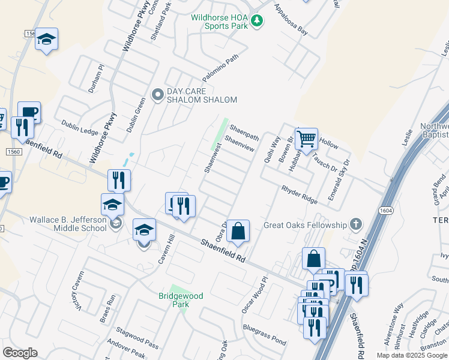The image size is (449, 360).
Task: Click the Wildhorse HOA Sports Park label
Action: (x=219, y=22)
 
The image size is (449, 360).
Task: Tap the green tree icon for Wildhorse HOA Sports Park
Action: (x=257, y=22)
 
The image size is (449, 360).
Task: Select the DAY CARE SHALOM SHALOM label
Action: (x=202, y=95)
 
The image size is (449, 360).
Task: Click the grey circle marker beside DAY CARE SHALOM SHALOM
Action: (x=158, y=94)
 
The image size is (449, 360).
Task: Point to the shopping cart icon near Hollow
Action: (x=306, y=139)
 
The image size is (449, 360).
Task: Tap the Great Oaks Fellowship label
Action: (x=306, y=226)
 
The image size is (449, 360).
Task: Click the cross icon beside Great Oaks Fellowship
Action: (x=356, y=225)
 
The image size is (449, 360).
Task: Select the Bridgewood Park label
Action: (x=181, y=300)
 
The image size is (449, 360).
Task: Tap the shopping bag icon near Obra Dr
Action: (x=238, y=230)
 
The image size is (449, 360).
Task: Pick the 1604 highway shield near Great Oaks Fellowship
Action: (x=385, y=211)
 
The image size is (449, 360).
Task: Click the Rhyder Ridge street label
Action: (x=299, y=194)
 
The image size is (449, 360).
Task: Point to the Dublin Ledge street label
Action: (x=79, y=127)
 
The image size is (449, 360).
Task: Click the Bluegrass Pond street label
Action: (x=265, y=334)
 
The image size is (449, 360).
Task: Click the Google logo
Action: (x=20, y=353)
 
